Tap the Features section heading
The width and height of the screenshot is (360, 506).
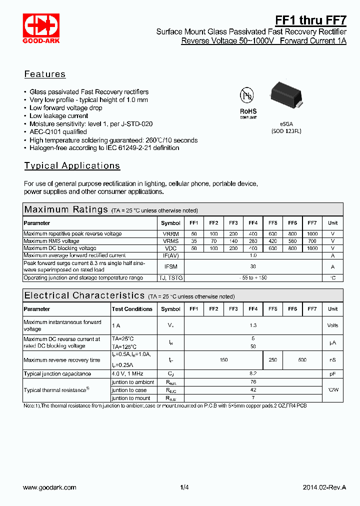(x=45, y=74)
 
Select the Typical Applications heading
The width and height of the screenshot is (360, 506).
(x=72, y=165)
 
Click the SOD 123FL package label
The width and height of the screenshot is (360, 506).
(x=287, y=131)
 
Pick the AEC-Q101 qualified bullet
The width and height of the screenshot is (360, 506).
(x=58, y=132)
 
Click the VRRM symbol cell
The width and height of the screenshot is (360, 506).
(x=170, y=234)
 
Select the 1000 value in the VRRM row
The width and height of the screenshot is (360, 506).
(x=312, y=234)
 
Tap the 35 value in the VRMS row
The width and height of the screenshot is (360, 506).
(x=194, y=241)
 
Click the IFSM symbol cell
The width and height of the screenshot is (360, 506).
(x=170, y=266)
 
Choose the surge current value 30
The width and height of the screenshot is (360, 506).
(x=253, y=266)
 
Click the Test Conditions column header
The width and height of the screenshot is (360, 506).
(x=132, y=309)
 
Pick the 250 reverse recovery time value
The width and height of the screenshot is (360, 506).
(x=272, y=360)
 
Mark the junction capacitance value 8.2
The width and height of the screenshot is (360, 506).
(x=253, y=373)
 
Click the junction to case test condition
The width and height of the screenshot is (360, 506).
(x=129, y=390)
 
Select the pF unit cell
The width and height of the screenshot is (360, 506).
(x=332, y=373)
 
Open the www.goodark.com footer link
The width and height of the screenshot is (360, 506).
(x=50, y=487)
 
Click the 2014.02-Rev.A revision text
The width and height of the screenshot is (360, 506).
(x=324, y=487)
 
